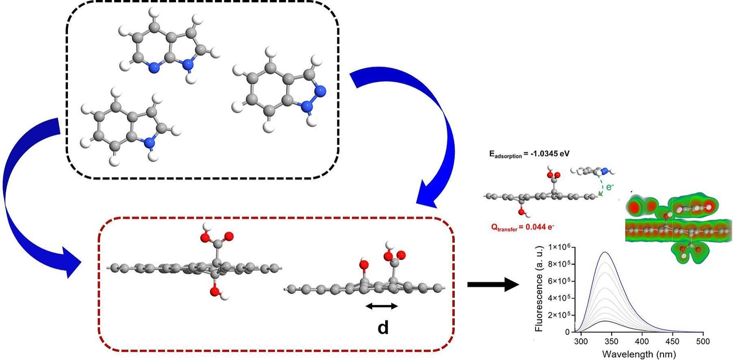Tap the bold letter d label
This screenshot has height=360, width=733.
(x=383, y=327)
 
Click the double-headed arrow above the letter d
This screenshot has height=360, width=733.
(x=382, y=306)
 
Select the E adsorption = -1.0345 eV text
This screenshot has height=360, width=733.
(x=529, y=154)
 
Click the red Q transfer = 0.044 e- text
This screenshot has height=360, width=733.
(x=522, y=228)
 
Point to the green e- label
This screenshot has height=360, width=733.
(x=609, y=187)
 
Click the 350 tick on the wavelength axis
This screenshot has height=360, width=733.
(x=612, y=341)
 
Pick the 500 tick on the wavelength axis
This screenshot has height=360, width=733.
(x=703, y=341)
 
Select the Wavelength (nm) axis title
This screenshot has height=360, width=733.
(x=639, y=354)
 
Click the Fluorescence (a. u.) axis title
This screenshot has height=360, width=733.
(x=539, y=289)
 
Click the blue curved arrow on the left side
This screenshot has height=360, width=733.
(x=24, y=195)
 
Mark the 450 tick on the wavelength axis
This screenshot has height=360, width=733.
(x=672, y=341)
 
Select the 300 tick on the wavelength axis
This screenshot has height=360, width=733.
(x=581, y=341)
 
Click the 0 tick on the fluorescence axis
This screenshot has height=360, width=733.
(x=567, y=332)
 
